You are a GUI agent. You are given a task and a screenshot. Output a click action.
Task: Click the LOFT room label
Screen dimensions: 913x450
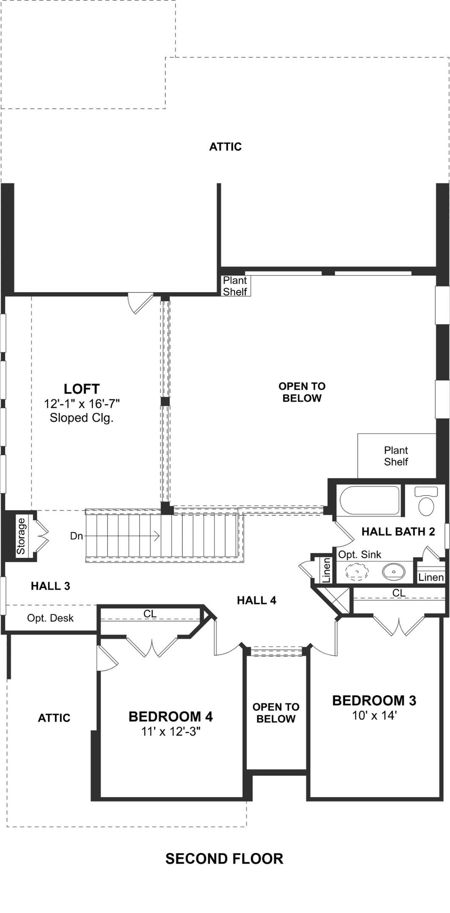click(x=82, y=388)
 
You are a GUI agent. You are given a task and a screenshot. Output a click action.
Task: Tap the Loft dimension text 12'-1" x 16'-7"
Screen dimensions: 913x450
click(x=82, y=404)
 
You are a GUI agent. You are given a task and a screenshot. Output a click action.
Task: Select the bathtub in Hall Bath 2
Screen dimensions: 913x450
click(x=370, y=500)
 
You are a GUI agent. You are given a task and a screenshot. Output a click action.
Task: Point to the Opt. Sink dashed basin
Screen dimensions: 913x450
click(x=357, y=572)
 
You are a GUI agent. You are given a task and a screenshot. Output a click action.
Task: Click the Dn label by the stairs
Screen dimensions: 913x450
click(x=76, y=536)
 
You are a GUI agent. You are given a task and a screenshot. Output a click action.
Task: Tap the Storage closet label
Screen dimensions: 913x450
click(x=21, y=536)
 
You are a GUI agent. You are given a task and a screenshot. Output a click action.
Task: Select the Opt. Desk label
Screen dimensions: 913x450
click(x=50, y=618)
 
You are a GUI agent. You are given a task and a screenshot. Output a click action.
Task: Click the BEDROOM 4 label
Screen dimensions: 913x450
click(x=170, y=716)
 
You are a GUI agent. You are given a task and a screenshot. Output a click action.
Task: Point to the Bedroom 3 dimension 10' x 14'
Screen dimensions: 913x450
click(x=374, y=715)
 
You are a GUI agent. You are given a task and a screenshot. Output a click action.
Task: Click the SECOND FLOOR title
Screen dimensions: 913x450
click(x=224, y=858)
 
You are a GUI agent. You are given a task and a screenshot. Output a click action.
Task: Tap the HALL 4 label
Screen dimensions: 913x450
click(x=256, y=600)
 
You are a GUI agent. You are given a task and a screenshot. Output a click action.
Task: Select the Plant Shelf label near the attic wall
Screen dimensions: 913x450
click(x=235, y=286)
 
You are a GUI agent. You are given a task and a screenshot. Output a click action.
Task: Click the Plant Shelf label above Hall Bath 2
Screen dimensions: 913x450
click(x=396, y=456)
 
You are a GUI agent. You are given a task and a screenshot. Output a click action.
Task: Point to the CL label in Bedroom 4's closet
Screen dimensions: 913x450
click(x=150, y=614)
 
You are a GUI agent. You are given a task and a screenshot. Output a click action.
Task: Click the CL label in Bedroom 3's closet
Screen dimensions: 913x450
click(x=398, y=593)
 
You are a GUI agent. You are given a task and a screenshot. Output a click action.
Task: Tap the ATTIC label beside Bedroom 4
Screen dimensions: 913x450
click(x=54, y=718)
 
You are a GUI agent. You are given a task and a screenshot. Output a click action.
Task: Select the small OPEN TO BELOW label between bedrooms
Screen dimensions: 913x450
click(x=276, y=713)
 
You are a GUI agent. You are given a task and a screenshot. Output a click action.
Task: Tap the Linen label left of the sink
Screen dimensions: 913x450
click(x=326, y=570)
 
